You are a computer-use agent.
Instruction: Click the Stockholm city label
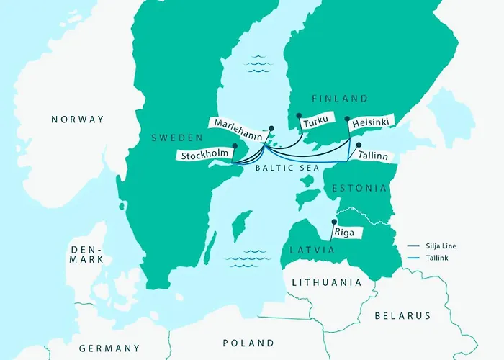[206, 155]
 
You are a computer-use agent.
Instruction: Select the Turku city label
[315, 123]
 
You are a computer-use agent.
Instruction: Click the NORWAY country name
[78, 120]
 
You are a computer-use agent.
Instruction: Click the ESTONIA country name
[359, 189]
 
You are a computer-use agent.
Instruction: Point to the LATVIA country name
[313, 249]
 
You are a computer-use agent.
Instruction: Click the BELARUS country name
[402, 315]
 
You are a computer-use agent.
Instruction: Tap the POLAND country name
[248, 343]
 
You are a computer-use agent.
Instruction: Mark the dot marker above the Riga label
[333, 222]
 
